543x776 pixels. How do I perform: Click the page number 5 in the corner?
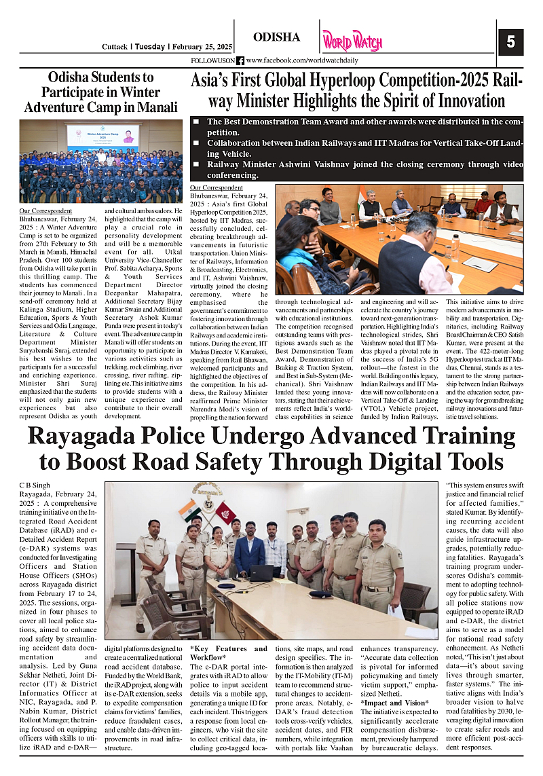[510, 42]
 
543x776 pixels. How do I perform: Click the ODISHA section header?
[276, 37]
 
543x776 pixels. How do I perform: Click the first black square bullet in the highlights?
[196, 122]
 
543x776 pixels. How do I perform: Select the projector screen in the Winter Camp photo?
[102, 136]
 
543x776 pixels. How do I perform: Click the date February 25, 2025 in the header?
[200, 47]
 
